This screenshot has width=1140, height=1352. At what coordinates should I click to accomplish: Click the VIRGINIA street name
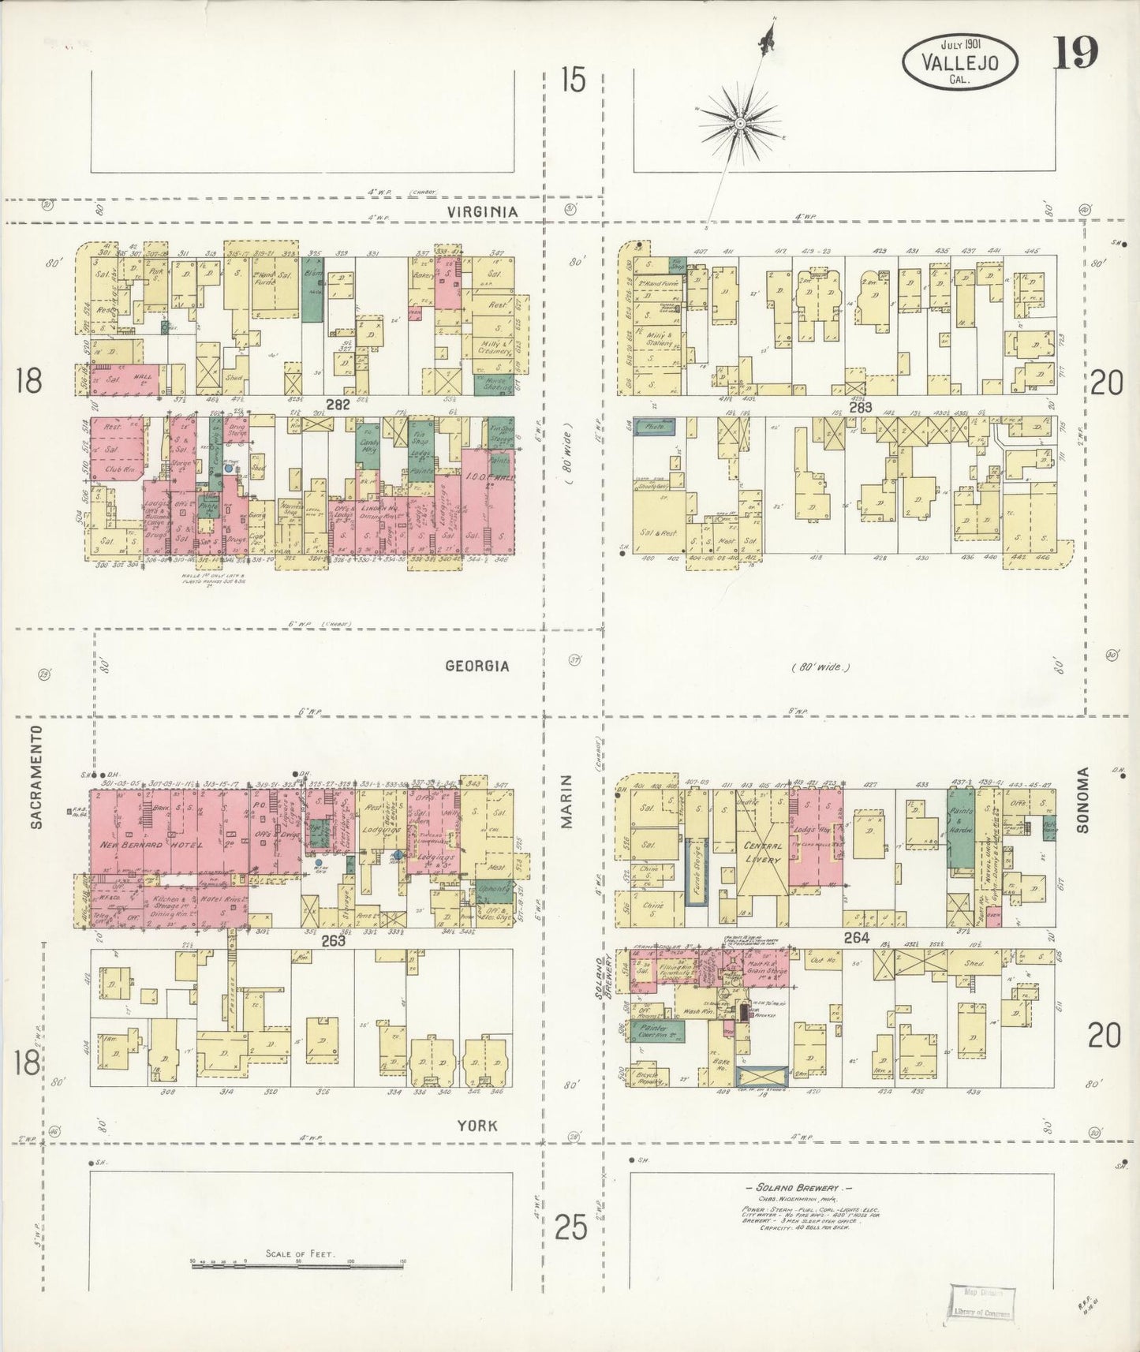pos(482,211)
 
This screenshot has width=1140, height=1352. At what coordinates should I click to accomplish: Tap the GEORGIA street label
pos(477,666)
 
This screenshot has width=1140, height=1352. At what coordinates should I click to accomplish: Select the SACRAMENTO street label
pos(36,789)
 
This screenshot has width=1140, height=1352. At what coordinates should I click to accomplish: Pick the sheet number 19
pos(1074,54)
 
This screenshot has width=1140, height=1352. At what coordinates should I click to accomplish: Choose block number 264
pos(856,938)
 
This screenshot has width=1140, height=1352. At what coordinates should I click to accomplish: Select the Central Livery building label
pos(763,852)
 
